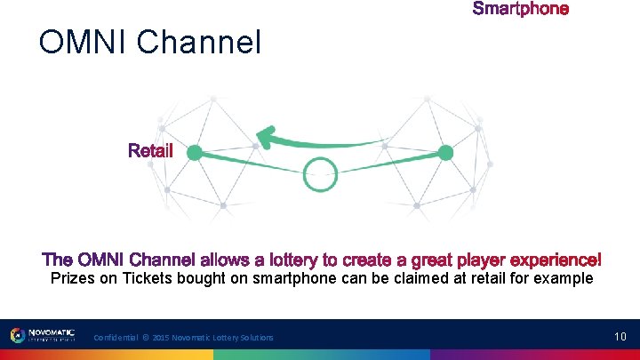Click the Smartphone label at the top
click(520, 9)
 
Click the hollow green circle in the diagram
click(320, 173)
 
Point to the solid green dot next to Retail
click(194, 153)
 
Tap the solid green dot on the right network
click(446, 153)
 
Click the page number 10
click(620, 336)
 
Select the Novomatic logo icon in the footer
click(18, 335)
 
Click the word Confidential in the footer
click(116, 338)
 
